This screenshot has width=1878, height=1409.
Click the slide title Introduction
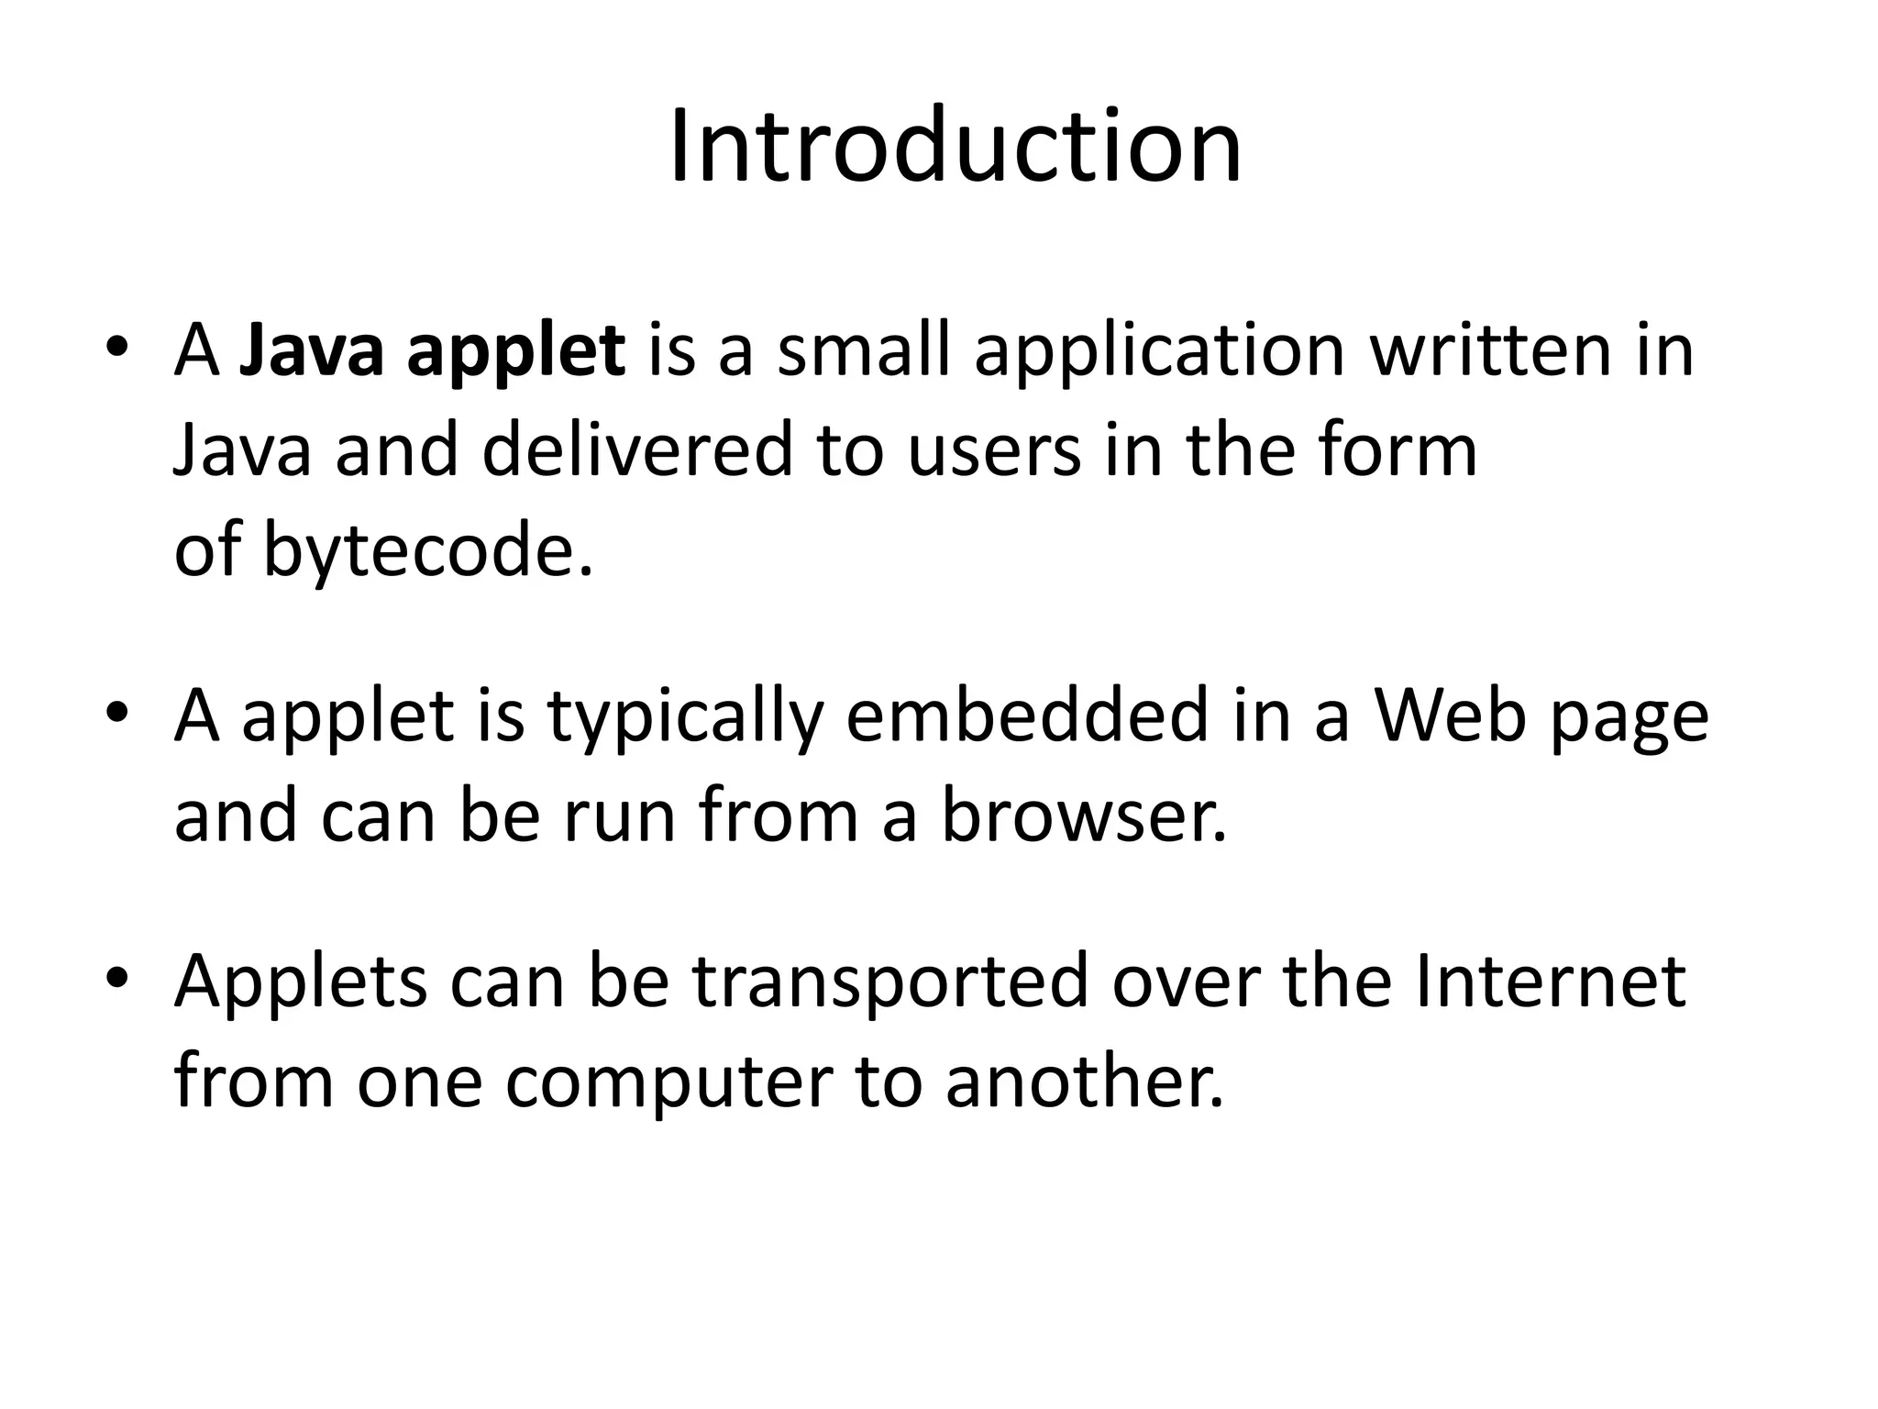point(955,148)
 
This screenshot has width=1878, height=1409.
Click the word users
point(995,453)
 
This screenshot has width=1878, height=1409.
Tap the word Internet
point(1551,982)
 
